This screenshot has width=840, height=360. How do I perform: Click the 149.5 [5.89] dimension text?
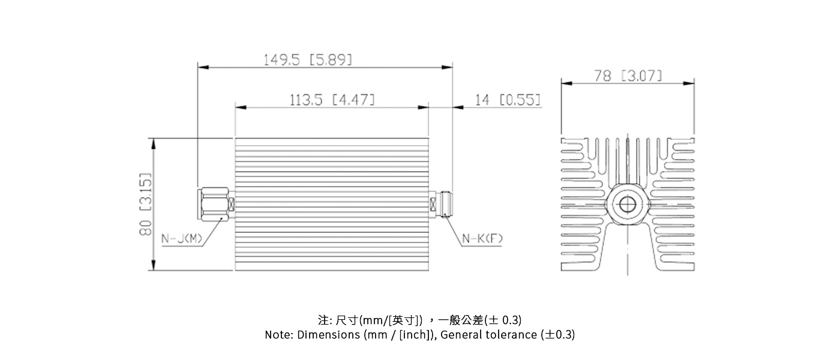308,60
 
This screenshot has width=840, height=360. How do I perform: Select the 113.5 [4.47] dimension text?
332,100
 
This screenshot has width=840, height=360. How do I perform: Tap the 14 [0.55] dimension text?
508,100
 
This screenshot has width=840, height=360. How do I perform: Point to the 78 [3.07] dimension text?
628,76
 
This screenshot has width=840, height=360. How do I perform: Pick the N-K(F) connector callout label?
482,239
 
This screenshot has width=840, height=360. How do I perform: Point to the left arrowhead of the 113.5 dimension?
239,107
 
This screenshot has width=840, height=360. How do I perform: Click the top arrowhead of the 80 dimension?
154,142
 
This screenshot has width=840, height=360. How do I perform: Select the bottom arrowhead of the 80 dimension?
154,266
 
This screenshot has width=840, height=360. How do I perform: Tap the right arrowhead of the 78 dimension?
691,85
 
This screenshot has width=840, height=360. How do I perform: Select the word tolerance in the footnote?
512,335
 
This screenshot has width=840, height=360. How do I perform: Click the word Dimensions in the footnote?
328,335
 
